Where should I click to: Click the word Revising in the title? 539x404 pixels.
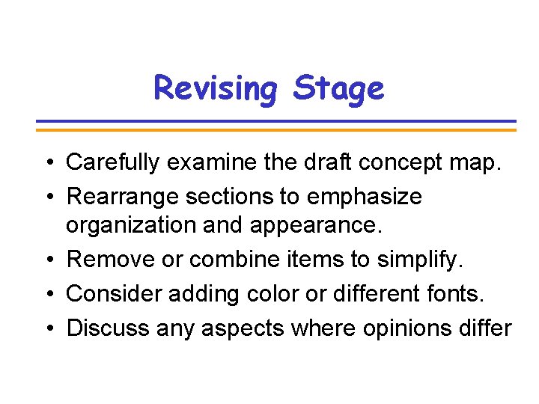tap(215, 88)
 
